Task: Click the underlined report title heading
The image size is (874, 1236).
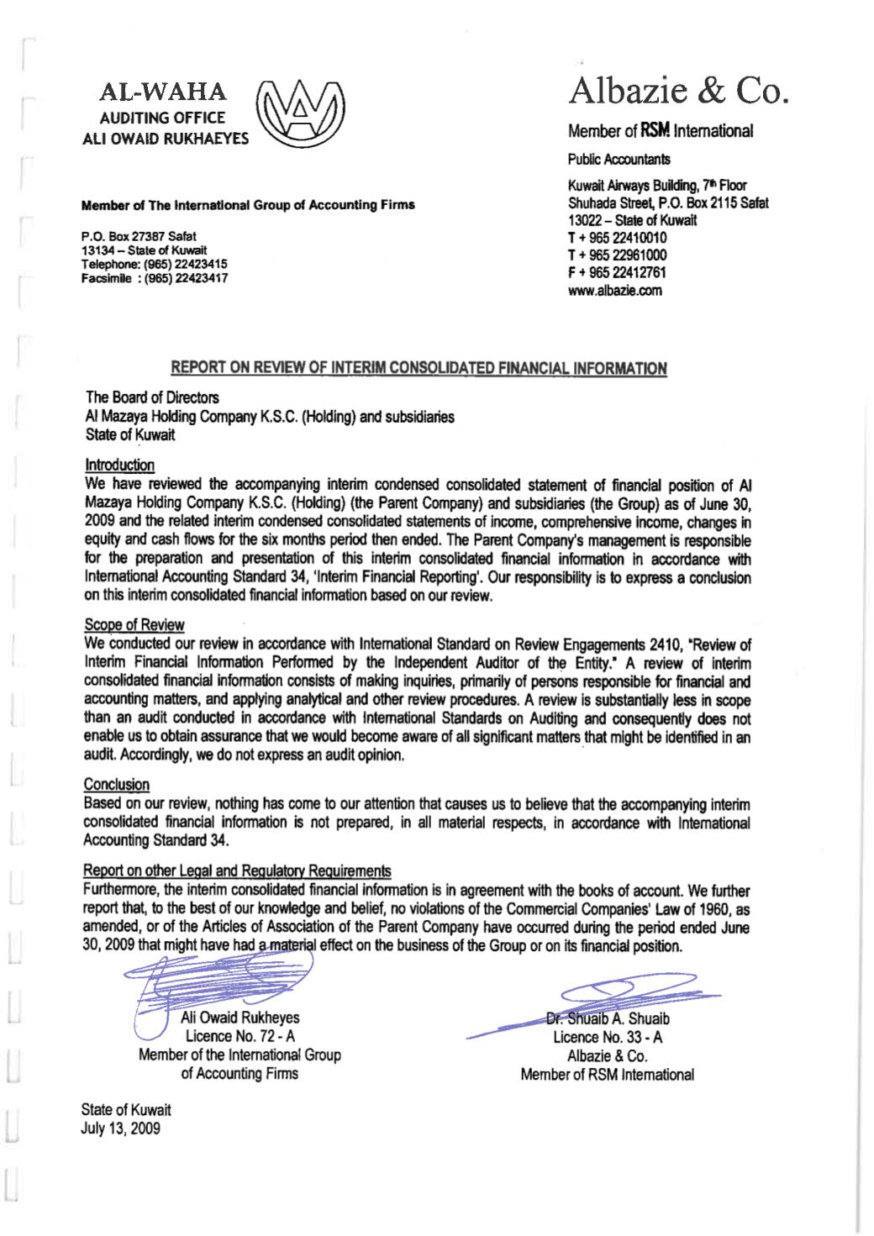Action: coord(419,368)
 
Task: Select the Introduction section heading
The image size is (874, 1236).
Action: coord(119,465)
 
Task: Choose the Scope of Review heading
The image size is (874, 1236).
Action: coord(134,624)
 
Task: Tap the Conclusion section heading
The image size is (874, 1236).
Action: coord(116,784)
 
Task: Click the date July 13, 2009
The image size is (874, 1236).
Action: coord(120,1128)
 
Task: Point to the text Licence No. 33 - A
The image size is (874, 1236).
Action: coord(607,1037)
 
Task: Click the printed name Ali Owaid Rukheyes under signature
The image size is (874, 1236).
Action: coord(240,1018)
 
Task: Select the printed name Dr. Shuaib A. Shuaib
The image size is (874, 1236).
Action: coord(608,1018)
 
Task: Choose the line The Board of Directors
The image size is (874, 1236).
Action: coord(152,397)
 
